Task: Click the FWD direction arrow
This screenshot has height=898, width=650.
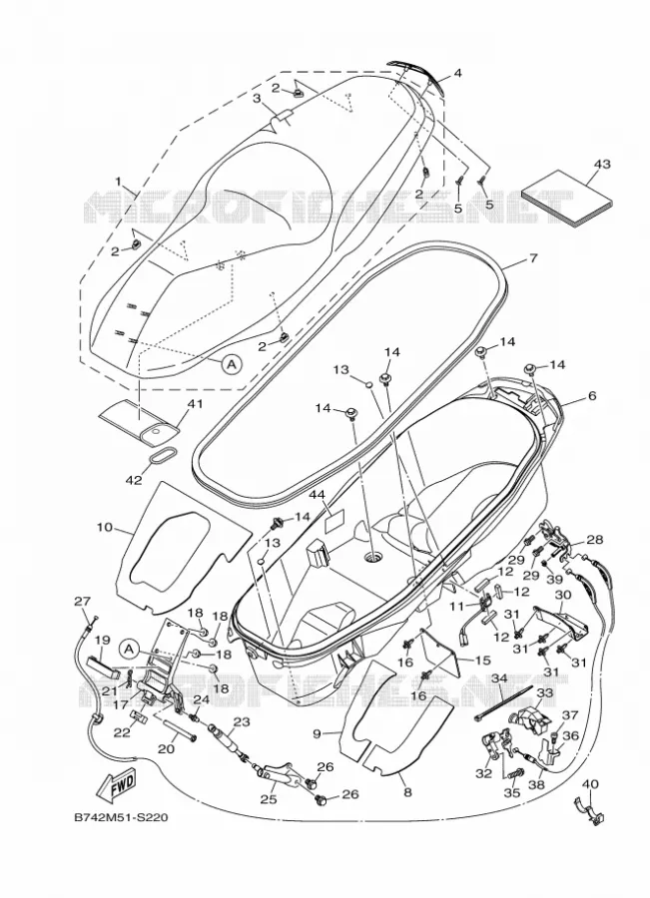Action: pyautogui.click(x=118, y=784)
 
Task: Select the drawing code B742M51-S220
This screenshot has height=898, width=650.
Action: pyautogui.click(x=121, y=818)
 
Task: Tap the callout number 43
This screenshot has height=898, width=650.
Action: pyautogui.click(x=602, y=164)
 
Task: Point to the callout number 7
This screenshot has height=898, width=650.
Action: pyautogui.click(x=532, y=258)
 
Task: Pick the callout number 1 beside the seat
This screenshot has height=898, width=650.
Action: pyautogui.click(x=119, y=183)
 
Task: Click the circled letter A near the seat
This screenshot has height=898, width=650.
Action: pyautogui.click(x=232, y=363)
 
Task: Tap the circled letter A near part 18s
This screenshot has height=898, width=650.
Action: pyautogui.click(x=130, y=649)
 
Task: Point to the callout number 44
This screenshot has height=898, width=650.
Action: pyautogui.click(x=317, y=494)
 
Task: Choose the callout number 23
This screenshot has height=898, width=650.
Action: pyautogui.click(x=242, y=722)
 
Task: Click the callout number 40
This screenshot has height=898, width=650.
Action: pyautogui.click(x=590, y=784)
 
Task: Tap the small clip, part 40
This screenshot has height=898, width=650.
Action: pyautogui.click(x=585, y=808)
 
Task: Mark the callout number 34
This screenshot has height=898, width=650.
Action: pyautogui.click(x=500, y=678)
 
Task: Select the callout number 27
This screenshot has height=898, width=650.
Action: pyautogui.click(x=83, y=601)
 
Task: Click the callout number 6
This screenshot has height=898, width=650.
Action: pyautogui.click(x=592, y=396)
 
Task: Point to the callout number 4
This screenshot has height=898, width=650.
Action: pyautogui.click(x=457, y=73)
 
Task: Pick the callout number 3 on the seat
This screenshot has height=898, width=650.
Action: pyautogui.click(x=258, y=99)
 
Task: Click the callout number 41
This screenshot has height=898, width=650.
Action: pyautogui.click(x=196, y=404)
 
